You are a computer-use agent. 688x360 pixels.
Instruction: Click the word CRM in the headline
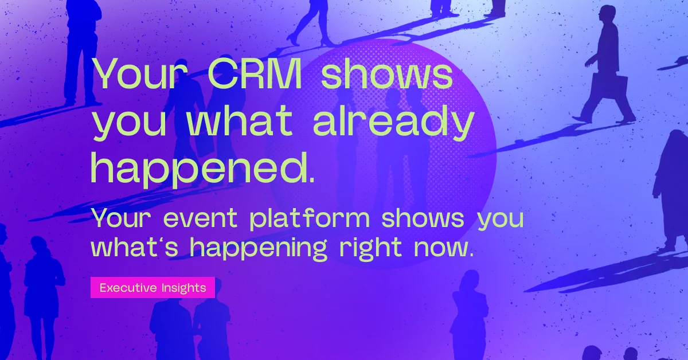coord(255,74)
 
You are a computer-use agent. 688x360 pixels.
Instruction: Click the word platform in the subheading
coord(310,218)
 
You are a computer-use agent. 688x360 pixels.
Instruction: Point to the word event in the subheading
coord(200,218)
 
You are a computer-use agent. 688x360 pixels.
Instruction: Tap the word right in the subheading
coord(371,248)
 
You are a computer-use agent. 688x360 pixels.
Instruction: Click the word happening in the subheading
coord(257,248)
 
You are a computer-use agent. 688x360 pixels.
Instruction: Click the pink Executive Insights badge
coord(153,288)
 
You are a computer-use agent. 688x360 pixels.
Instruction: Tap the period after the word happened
coord(312,179)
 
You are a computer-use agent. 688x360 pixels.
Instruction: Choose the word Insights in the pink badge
coord(183,288)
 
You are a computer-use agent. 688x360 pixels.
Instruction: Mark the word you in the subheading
coord(501,220)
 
